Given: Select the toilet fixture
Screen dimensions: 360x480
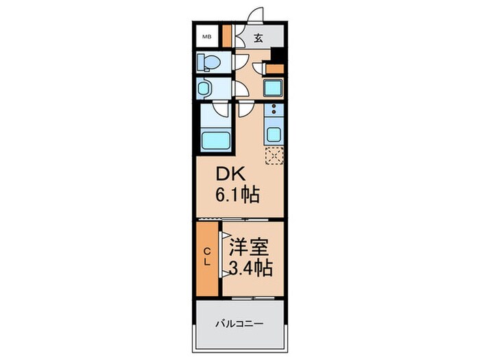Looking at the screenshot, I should coord(209,63).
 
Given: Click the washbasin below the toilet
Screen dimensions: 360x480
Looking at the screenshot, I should coord(206,89).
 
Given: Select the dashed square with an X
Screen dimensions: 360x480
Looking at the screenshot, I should coord(274,157).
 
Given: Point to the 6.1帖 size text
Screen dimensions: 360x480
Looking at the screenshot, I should coord(237,196).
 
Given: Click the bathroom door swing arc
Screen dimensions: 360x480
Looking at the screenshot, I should coord(221,108).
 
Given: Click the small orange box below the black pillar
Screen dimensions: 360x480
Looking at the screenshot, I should coord(274,68).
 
